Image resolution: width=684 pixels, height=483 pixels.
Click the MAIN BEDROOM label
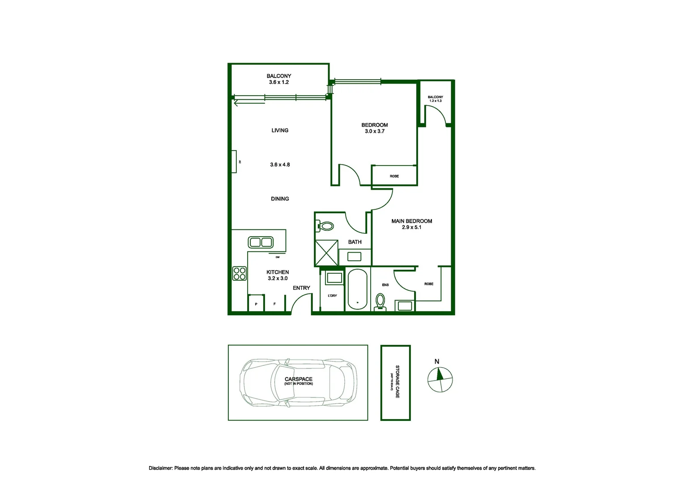click(411, 221)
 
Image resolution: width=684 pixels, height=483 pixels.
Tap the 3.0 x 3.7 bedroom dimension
click(374, 131)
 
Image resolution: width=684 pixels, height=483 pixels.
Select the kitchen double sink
click(261, 242)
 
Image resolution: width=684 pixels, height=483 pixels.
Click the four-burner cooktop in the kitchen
click(239, 273)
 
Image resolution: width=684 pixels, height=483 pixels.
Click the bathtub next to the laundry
click(357, 289)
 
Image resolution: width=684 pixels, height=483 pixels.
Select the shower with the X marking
click(327, 253)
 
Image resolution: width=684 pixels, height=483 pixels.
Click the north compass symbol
click(440, 380)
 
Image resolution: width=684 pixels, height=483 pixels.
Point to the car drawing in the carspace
click(299, 383)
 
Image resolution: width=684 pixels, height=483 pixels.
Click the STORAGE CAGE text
click(397, 382)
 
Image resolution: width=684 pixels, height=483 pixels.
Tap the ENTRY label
click(301, 288)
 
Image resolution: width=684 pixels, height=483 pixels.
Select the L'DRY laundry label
click(332, 296)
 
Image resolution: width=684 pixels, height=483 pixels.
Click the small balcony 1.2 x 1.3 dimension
click(435, 101)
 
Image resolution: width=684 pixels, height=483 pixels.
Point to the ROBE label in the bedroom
click(394, 176)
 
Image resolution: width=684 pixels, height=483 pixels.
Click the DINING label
click(280, 199)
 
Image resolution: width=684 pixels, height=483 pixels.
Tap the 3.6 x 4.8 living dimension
click(280, 165)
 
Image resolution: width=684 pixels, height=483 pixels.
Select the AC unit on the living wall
click(234, 161)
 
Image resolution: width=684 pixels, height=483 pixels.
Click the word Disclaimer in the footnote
click(160, 468)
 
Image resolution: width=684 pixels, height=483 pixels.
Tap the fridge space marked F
click(274, 304)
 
